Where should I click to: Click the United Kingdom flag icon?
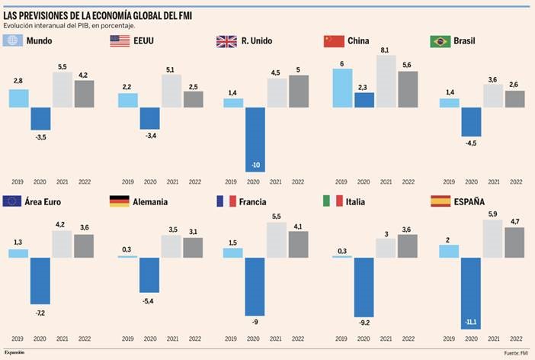227,41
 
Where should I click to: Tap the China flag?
334,41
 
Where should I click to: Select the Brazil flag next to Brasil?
440,41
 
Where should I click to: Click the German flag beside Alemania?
120,201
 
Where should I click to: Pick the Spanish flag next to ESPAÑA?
440,201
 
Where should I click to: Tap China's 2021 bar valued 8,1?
388,81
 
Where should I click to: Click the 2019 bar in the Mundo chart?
19,98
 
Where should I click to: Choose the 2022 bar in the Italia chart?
407,246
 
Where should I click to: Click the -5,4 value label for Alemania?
149,300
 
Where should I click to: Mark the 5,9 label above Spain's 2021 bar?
492,214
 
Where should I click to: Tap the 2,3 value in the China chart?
364,87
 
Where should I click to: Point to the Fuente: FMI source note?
516,352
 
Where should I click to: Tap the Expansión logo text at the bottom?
15,352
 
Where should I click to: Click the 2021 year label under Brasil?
493,182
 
